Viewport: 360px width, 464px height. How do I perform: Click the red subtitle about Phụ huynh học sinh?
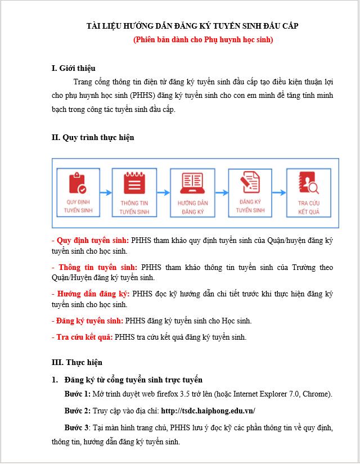(203, 40)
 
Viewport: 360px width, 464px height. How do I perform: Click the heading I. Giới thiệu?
(74, 69)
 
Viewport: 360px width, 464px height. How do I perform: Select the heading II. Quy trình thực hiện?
(93, 137)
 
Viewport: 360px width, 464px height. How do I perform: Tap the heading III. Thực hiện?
(77, 362)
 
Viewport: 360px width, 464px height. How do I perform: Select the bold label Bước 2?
(78, 411)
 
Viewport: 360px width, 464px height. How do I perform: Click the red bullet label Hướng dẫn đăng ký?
(92, 294)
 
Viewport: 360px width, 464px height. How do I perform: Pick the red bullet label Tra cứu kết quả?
(82, 337)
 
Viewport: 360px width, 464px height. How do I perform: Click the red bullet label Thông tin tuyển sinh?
(96, 267)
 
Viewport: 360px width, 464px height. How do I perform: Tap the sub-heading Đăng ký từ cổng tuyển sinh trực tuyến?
(133, 380)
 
